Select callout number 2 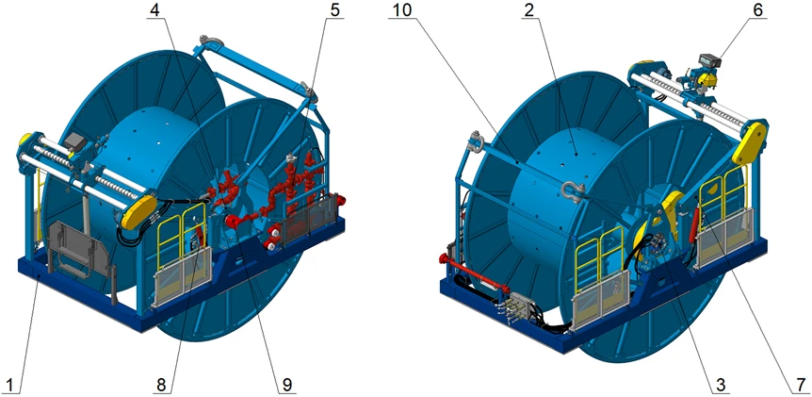[x=528, y=10]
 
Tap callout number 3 [x=720, y=385]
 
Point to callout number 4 [x=154, y=10]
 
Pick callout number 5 [x=335, y=10]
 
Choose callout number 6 [x=757, y=10]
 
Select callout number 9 [x=286, y=385]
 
